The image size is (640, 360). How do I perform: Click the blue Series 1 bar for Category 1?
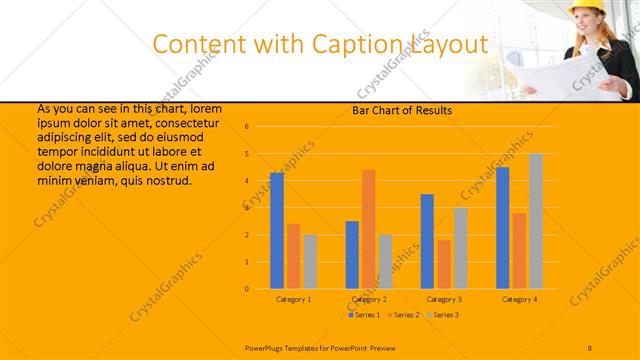pos(277,230)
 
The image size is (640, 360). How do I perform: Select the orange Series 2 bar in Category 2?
pos(369,229)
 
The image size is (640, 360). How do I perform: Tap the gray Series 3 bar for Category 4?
pos(536,221)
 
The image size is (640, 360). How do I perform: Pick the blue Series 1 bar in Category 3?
pos(427,241)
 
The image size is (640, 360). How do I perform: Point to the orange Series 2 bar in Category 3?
pos(444,264)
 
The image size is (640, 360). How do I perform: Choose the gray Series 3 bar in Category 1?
pos(310,261)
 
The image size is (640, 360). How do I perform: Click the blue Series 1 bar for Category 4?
pos(502,228)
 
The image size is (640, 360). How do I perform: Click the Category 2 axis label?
pos(369,299)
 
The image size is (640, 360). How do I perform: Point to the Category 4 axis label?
pos(519,299)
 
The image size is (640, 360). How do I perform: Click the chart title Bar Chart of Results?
pos(402,110)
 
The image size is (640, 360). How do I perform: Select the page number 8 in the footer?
pos(590,346)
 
